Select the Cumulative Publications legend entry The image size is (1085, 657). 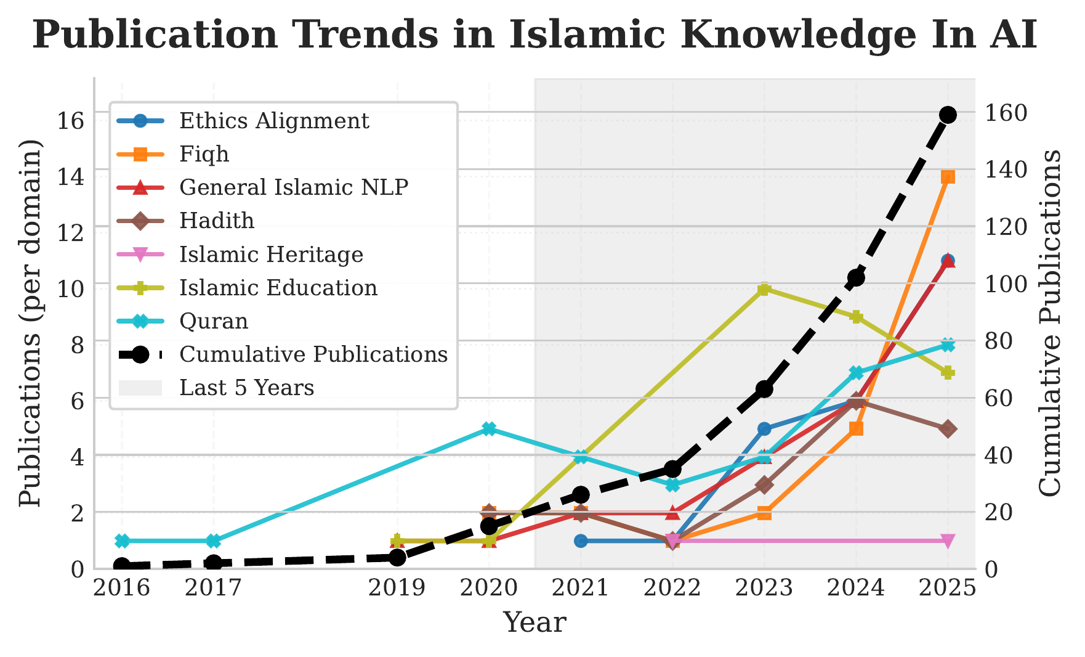click(x=313, y=354)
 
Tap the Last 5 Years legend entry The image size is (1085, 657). click(x=246, y=388)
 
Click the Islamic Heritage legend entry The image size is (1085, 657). click(x=271, y=254)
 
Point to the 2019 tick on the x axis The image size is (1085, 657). click(x=397, y=588)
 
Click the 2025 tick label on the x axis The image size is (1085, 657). click(x=947, y=588)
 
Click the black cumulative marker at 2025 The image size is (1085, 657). click(x=948, y=115)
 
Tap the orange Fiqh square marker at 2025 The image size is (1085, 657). click(x=948, y=178)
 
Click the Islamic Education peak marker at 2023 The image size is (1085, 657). click(x=764, y=289)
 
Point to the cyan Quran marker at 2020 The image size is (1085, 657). click(x=489, y=429)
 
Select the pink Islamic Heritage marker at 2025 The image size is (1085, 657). click(x=948, y=541)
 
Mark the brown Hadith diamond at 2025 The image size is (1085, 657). click(x=948, y=429)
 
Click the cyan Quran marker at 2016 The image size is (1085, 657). click(x=122, y=541)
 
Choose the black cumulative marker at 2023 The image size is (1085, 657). click(x=764, y=389)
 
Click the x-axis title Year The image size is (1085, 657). click(x=534, y=622)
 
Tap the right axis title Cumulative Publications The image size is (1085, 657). click(x=1051, y=322)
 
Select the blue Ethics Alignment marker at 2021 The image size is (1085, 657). click(x=581, y=541)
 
